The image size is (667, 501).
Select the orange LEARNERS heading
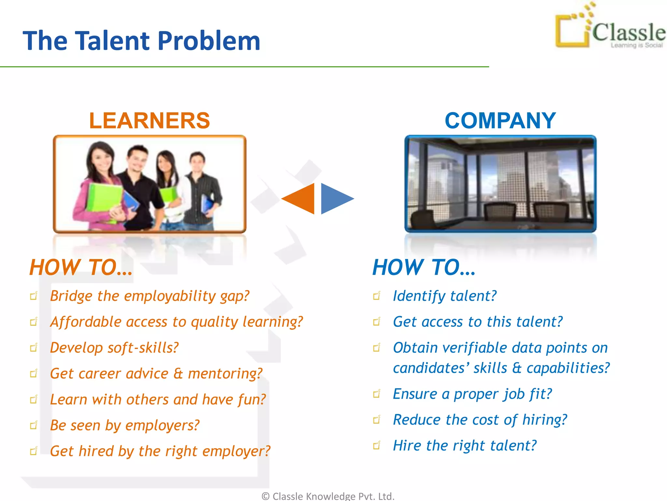tap(149, 121)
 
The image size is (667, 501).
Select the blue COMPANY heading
tap(500, 121)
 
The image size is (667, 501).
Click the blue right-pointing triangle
tap(335, 198)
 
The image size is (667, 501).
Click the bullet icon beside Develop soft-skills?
tap(34, 348)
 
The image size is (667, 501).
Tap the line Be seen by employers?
tap(124, 425)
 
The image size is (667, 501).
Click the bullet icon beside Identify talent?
tap(377, 296)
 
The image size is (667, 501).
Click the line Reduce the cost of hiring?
tap(480, 420)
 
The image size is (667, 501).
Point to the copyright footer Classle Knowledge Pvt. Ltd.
tap(328, 496)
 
